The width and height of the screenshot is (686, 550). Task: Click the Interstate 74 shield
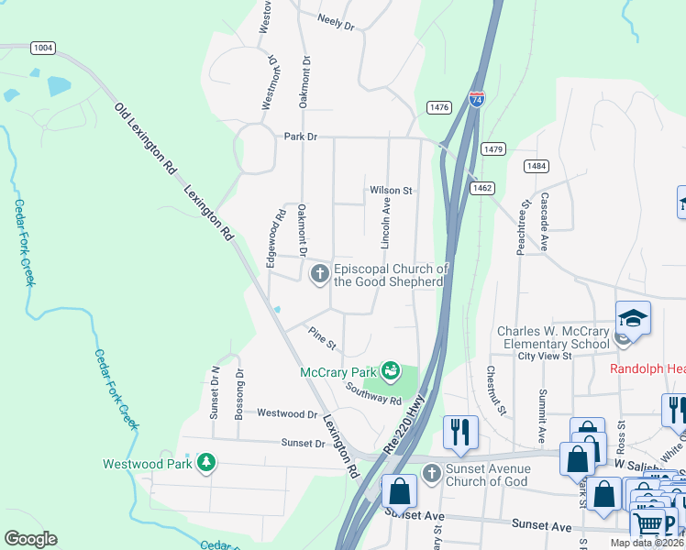(476, 98)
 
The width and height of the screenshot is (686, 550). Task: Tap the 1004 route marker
(41, 47)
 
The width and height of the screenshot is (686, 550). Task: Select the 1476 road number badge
(439, 107)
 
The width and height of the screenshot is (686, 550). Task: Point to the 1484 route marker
(537, 166)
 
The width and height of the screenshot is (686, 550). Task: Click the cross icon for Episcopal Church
(320, 273)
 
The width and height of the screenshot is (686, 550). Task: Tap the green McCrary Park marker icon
(391, 371)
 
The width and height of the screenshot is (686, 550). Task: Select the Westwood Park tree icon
(206, 462)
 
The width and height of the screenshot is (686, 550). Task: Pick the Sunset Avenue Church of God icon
(432, 472)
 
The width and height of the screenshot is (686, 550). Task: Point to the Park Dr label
(300, 137)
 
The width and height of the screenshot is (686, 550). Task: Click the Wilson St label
(392, 191)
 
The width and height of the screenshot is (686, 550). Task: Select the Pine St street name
(323, 338)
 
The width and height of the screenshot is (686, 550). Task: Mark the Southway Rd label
(374, 394)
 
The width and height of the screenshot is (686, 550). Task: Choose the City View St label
(545, 356)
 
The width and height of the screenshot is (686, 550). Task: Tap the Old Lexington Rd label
(145, 138)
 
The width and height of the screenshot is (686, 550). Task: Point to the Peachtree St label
(526, 228)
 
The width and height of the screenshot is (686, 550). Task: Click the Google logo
(30, 539)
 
